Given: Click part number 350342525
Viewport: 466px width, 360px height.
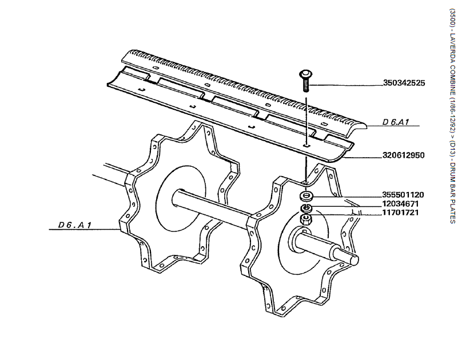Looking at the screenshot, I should coord(404,83).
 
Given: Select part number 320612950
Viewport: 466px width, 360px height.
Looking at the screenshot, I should coord(404,155).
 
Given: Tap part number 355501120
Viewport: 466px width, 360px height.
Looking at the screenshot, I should coord(403,195).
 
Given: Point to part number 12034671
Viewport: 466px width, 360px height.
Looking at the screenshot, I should coord(403,203).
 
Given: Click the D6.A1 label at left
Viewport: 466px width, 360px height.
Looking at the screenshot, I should coord(74,225).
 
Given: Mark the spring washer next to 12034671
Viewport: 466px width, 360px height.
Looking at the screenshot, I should coord(306,207).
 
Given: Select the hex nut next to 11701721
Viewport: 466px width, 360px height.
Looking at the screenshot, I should coord(305,218).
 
